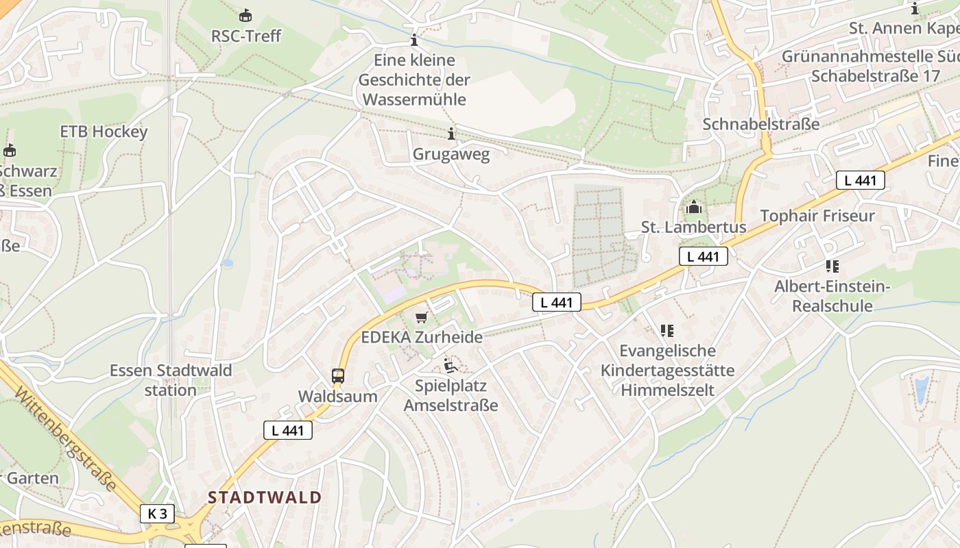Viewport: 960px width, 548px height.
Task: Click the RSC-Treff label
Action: pos(245,36)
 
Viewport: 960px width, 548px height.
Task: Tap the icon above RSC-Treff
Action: pos(245,15)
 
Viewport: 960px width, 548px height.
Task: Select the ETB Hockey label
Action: pos(104,131)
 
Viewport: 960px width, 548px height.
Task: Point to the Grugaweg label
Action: pos(451,153)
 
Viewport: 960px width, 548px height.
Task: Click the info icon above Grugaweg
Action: pos(451,134)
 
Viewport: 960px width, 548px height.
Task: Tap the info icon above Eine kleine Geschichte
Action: pos(413,40)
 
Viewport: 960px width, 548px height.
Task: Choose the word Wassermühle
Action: pos(414,99)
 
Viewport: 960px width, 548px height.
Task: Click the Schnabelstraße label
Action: pos(761,124)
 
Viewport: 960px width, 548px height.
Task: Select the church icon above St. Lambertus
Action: pos(694,206)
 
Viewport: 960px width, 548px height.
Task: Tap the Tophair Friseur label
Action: pos(817,216)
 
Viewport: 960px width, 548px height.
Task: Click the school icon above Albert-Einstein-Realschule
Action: pos(832,266)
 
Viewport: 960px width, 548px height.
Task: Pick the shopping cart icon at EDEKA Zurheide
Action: pos(422,317)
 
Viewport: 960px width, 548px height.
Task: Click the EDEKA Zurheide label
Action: pos(422,337)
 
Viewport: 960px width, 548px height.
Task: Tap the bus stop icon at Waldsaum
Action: pos(338,375)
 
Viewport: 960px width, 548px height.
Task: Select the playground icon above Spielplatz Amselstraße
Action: pos(451,365)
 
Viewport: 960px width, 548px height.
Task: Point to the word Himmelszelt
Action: pos(667,390)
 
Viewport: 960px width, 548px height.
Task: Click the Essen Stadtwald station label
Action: pos(171,380)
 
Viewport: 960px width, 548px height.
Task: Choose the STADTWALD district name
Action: pos(265,497)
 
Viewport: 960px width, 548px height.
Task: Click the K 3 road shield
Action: pos(157,513)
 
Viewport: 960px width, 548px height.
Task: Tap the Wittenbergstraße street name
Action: pos(65,439)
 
